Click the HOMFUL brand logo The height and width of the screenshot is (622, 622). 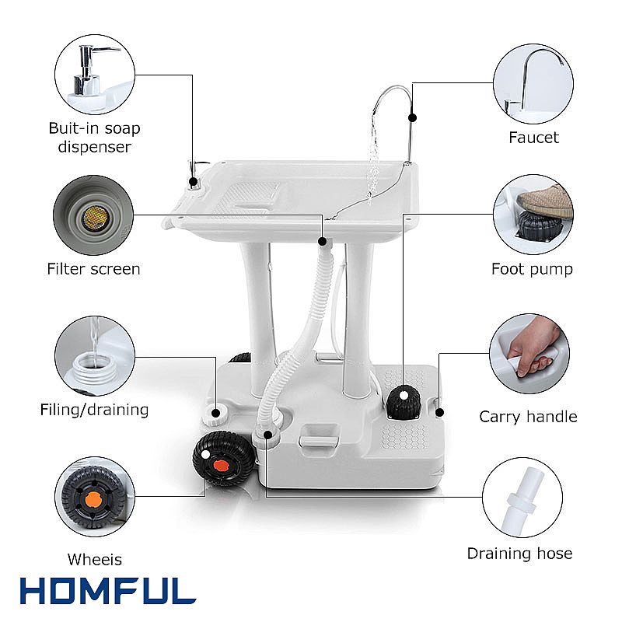pos(108,591)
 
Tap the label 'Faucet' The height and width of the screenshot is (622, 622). pos(533,138)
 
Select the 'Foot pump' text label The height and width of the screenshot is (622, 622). pos(532,269)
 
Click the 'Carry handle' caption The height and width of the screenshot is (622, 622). pos(528,417)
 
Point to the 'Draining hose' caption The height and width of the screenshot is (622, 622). pos(519,554)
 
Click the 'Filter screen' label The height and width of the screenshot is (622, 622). pos(93,269)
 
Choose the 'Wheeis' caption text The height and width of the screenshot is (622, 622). pos(94,559)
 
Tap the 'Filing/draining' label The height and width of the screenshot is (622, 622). pos(94,410)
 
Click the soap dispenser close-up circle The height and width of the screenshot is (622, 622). pos(95,75)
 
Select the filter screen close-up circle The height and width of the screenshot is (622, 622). pos(93,215)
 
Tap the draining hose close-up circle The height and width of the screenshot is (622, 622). pos(522,498)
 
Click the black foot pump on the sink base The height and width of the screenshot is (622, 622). pos(403,402)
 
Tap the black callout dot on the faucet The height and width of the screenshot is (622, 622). pos(412,117)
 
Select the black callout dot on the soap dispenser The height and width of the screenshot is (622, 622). pos(193,182)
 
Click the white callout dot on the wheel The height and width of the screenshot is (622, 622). pos(205,455)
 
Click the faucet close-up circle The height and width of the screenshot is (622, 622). pos(533,84)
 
